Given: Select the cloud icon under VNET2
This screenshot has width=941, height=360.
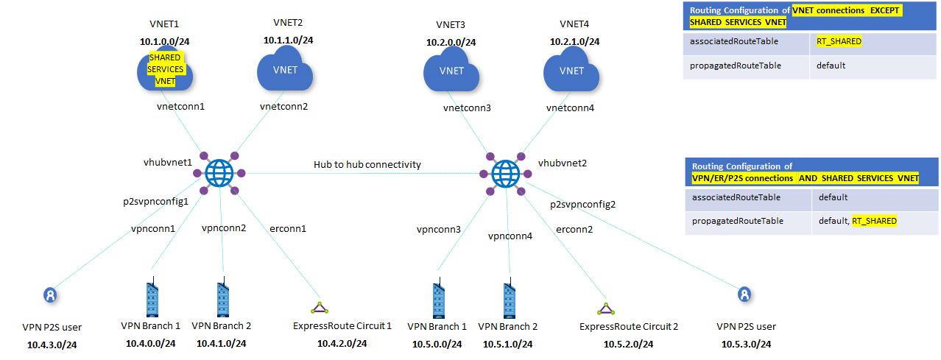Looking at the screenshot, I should point(284,71).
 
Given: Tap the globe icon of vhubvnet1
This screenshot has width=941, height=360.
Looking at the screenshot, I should point(219,174).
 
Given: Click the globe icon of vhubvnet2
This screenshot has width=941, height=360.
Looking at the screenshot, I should point(505,174).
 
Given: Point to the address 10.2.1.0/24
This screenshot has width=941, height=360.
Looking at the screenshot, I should point(574,42).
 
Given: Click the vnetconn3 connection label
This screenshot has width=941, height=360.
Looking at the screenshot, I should point(466,108).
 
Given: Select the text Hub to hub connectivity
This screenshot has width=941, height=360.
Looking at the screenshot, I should point(367,164).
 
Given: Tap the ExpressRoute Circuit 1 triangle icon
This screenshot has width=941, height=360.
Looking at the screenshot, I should point(317,306).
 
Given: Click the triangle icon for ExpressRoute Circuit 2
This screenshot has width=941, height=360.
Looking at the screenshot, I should point(605,307).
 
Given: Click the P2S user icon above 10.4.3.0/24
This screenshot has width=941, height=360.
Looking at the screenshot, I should point(49,295).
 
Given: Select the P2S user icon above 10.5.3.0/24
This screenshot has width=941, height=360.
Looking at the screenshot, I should point(745,294).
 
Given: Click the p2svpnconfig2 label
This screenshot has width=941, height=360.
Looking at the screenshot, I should point(582,204).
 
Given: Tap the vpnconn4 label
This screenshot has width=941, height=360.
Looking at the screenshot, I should point(509,236).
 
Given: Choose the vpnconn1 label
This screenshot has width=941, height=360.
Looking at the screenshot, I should point(153,229).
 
